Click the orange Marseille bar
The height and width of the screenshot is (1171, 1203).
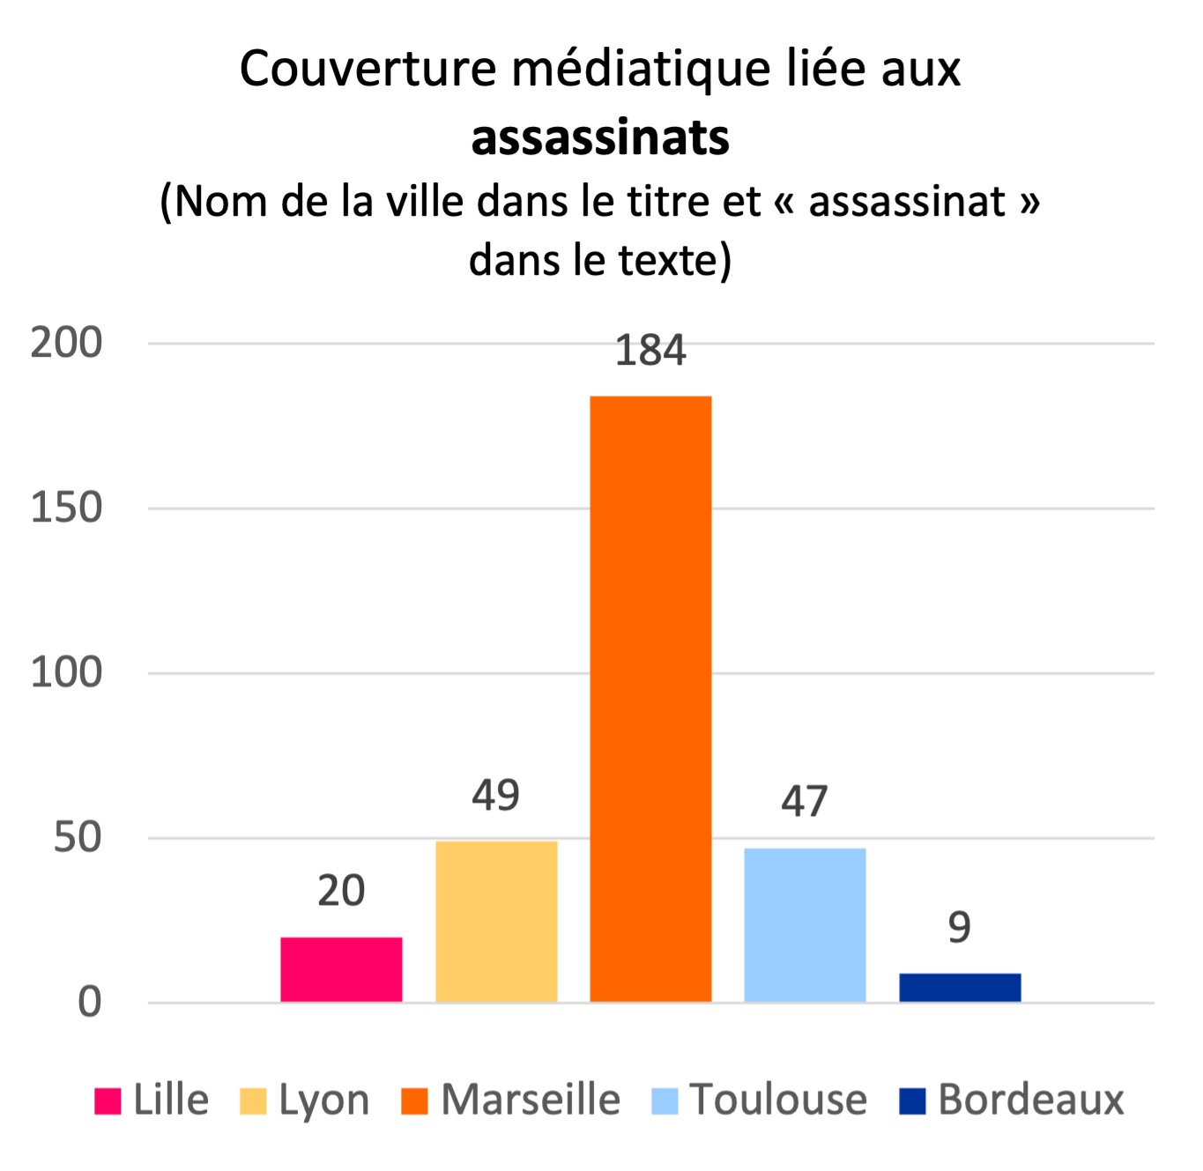[650, 698]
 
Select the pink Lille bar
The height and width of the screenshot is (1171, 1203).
[341, 969]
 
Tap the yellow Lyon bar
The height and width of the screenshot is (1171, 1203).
[496, 921]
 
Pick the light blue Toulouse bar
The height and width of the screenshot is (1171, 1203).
[805, 924]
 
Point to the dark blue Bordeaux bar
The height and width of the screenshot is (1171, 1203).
[960, 987]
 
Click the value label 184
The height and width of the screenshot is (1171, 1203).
[650, 351]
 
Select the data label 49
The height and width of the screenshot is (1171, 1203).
[496, 796]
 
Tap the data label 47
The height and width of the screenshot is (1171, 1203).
[805, 802]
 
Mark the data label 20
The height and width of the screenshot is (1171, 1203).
[341, 891]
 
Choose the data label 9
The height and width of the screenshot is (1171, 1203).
[960, 928]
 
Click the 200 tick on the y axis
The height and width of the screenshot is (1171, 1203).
[67, 343]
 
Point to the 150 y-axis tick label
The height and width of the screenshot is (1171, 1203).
[67, 508]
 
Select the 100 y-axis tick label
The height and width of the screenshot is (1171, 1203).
[67, 673]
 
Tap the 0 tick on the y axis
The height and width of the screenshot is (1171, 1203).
[90, 1003]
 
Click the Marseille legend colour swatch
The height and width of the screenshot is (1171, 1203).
[414, 1101]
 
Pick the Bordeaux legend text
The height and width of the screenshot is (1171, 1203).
[1030, 1100]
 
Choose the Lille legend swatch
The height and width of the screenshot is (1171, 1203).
[108, 1101]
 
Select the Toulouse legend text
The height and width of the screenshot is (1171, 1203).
[778, 1100]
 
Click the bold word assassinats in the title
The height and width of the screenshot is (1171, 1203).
[600, 138]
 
